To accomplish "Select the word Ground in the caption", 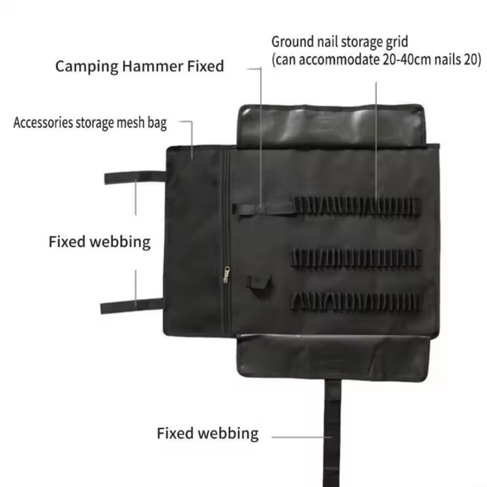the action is [292, 42].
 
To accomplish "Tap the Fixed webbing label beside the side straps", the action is [100, 242].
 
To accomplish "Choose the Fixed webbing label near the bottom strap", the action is [207, 433].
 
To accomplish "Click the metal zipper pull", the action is [227, 274].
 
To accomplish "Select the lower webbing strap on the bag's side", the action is [132, 306].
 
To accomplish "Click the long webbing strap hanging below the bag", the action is [332, 433].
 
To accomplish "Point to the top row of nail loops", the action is [358, 205].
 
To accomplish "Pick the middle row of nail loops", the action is [357, 258].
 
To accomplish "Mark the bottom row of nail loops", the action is [356, 301].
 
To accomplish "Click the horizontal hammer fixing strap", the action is [263, 209].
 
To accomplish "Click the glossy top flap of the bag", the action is [331, 125].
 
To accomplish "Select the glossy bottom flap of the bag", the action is [334, 356].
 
